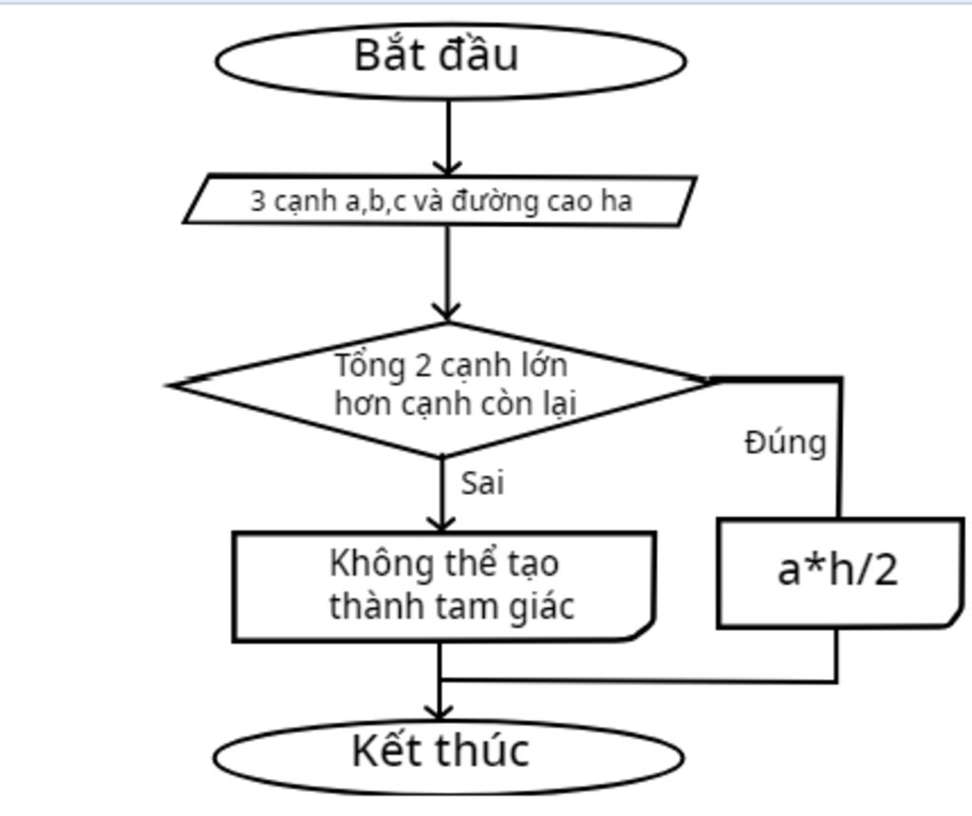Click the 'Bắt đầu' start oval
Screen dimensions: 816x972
click(451, 59)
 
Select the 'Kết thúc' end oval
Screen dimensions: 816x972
click(449, 754)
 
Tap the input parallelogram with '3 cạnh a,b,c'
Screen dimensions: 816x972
click(440, 200)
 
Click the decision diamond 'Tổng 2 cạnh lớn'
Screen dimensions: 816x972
click(442, 387)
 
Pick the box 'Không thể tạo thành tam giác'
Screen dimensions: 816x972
click(443, 586)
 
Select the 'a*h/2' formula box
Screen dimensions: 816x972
click(838, 572)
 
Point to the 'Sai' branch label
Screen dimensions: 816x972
click(482, 484)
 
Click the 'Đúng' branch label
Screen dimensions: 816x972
click(785, 443)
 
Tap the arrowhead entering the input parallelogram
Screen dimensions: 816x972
click(447, 167)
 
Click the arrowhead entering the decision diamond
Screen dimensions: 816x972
click(447, 313)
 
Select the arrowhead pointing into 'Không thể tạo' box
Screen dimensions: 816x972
click(441, 523)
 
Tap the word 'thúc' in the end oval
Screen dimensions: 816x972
click(485, 750)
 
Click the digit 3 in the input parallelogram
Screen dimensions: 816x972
click(257, 201)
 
